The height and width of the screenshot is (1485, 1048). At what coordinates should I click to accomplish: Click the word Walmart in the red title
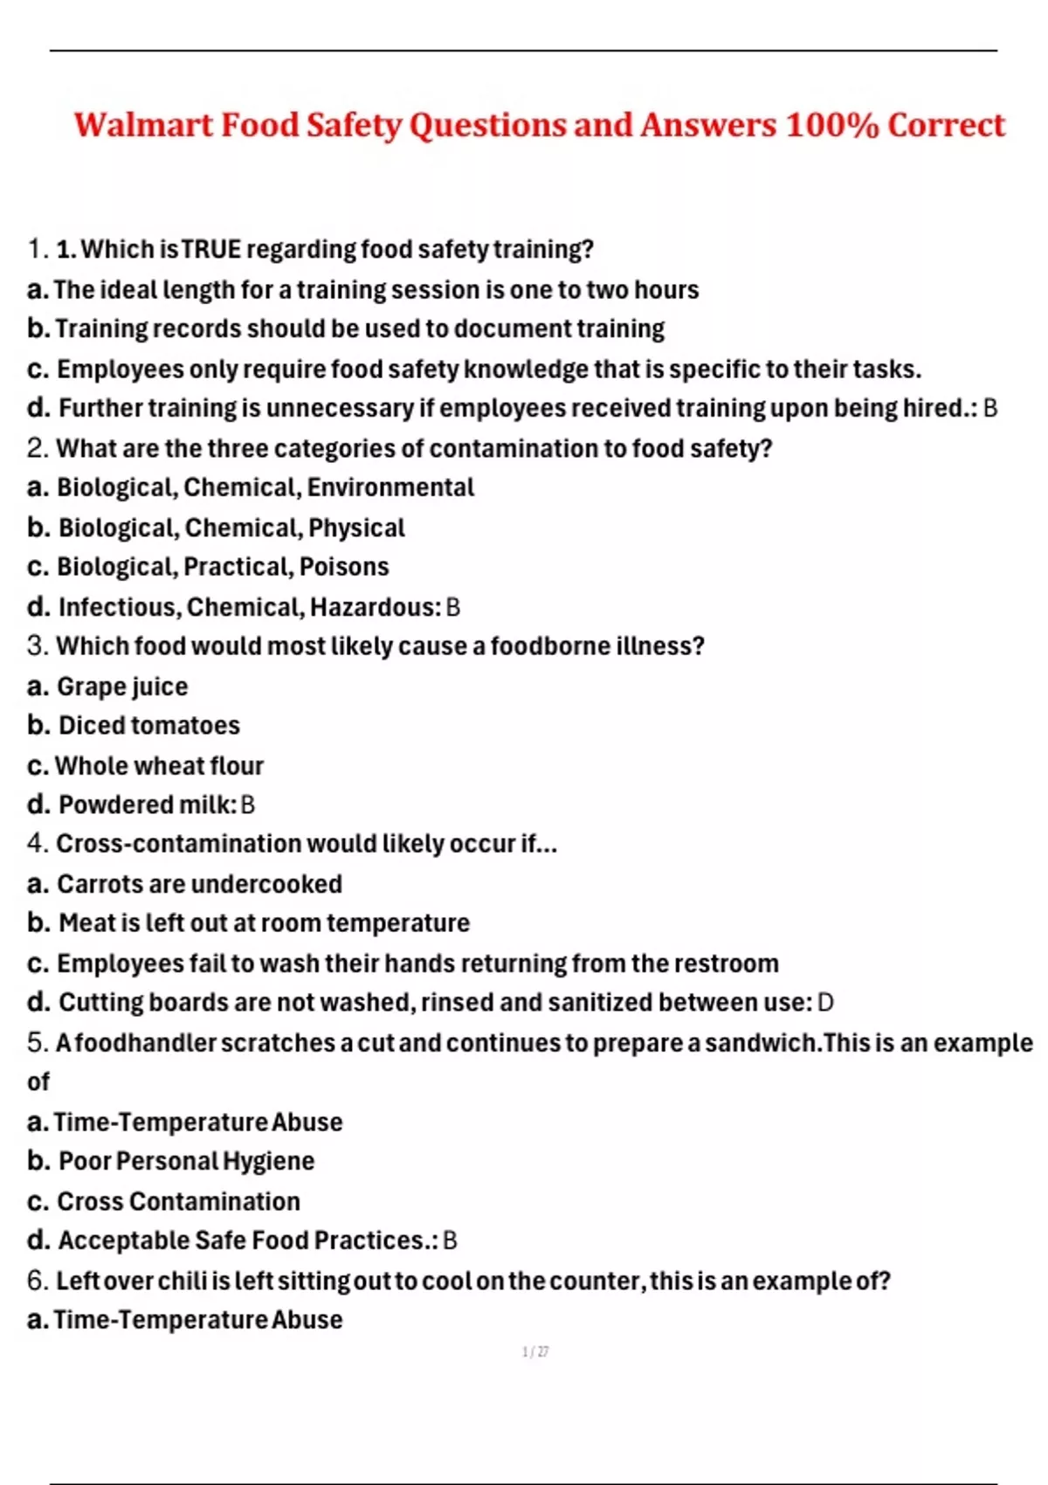pyautogui.click(x=143, y=125)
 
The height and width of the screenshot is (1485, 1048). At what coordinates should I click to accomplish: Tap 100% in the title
pyautogui.click(x=831, y=125)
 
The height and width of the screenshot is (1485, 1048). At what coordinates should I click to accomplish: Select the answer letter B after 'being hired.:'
pyautogui.click(x=989, y=408)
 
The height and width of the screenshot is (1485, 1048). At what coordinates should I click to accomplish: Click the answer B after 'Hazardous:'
pyautogui.click(x=452, y=607)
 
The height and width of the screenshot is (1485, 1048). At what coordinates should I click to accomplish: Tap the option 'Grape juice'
pyautogui.click(x=122, y=687)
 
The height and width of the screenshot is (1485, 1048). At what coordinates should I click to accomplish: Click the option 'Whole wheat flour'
pyautogui.click(x=159, y=765)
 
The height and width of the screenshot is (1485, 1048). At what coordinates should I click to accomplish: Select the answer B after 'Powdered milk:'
pyautogui.click(x=247, y=805)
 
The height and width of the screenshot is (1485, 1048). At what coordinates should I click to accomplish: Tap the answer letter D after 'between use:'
pyautogui.click(x=824, y=1002)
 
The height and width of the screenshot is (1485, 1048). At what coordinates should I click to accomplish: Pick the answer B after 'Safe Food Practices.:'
pyautogui.click(x=450, y=1240)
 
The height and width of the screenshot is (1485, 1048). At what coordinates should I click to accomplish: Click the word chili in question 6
pyautogui.click(x=179, y=1281)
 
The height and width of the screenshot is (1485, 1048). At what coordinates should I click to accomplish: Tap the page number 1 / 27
pyautogui.click(x=534, y=1352)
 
